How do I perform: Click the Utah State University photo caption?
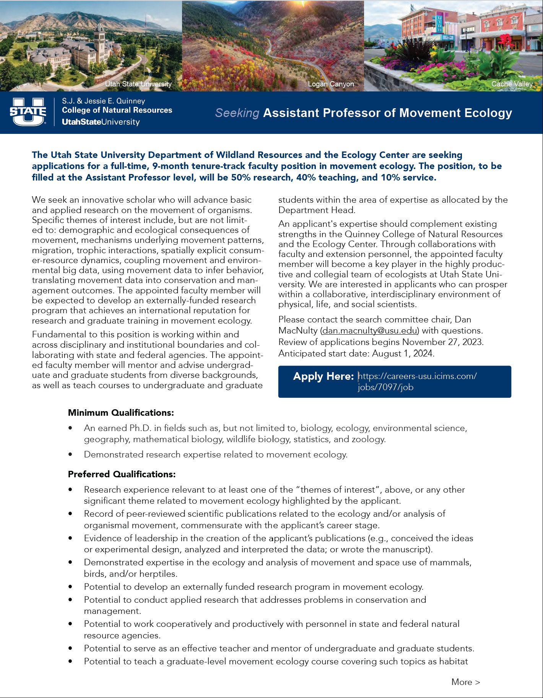pyautogui.click(x=138, y=84)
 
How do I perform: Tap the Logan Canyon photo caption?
pyautogui.click(x=331, y=84)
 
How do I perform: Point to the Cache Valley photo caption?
pyautogui.click(x=512, y=84)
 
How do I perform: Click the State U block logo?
pyautogui.click(x=28, y=112)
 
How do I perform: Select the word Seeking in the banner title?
pyautogui.click(x=237, y=113)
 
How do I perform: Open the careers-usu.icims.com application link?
pyautogui.click(x=417, y=381)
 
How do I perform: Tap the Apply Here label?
pyautogui.click(x=323, y=377)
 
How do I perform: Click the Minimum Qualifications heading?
pyautogui.click(x=121, y=413)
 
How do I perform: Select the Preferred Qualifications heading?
pyautogui.click(x=122, y=475)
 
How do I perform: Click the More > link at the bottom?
pyautogui.click(x=465, y=682)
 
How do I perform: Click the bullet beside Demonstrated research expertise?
pyautogui.click(x=70, y=455)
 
